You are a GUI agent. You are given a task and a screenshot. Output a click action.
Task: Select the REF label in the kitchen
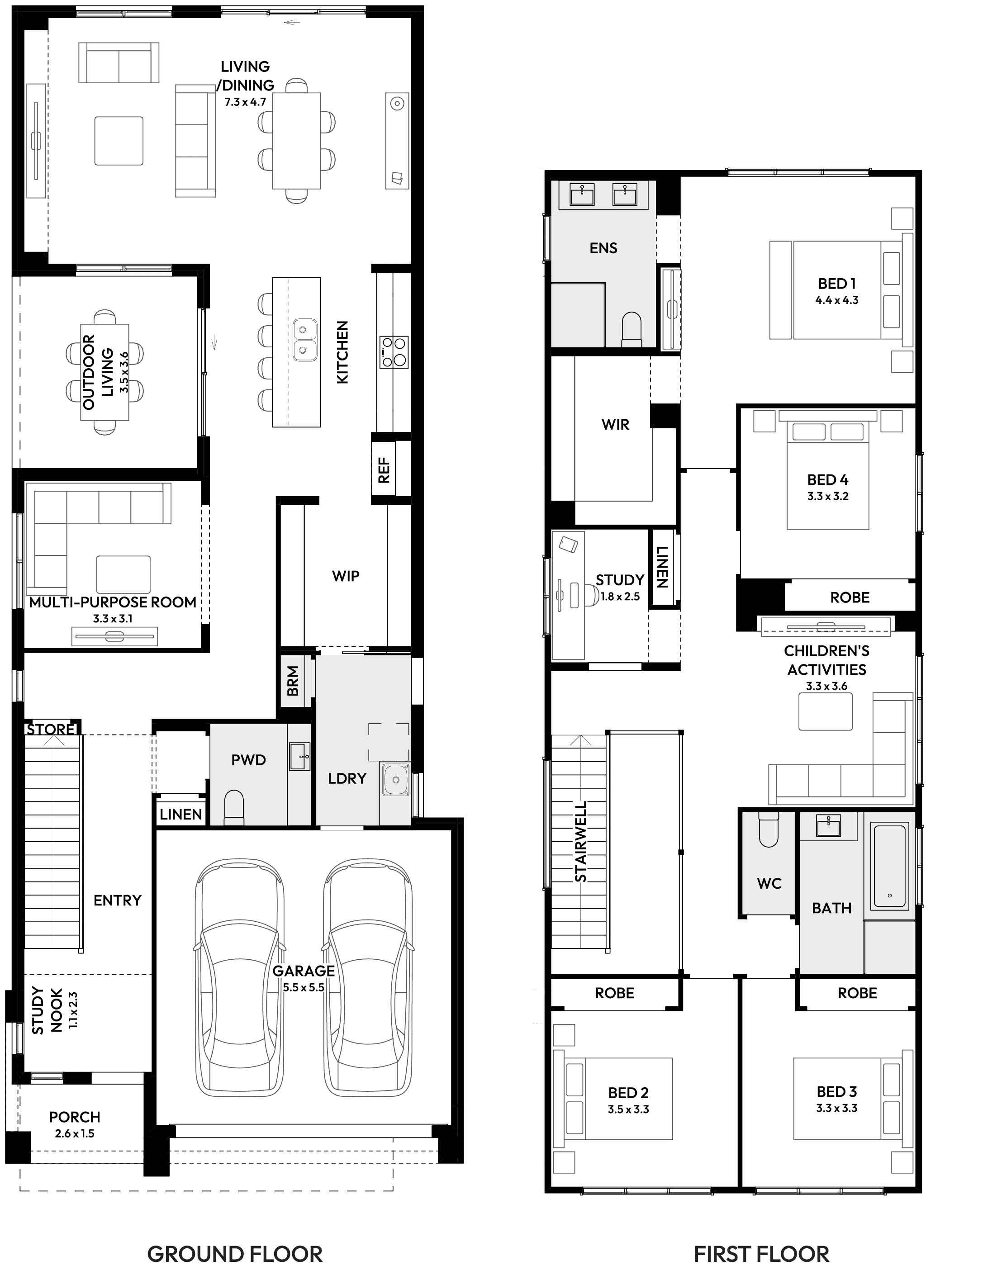click(x=384, y=470)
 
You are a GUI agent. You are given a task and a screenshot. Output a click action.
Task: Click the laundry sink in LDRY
click(x=396, y=780)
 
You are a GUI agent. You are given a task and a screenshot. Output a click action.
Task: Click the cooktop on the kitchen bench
click(x=394, y=352)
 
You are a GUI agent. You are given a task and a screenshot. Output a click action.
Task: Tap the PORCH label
click(x=75, y=1117)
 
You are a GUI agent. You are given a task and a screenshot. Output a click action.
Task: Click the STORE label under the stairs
click(x=51, y=730)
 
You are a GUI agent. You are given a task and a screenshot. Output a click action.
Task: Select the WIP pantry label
click(x=346, y=576)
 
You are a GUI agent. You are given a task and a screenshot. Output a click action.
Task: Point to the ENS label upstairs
click(x=603, y=248)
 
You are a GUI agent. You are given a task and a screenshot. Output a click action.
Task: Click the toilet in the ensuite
click(x=631, y=329)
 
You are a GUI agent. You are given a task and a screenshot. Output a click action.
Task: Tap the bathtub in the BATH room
click(x=889, y=866)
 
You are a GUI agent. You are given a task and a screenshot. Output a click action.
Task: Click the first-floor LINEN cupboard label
click(x=662, y=567)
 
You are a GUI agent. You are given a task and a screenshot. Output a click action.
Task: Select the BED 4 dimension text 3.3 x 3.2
click(x=828, y=497)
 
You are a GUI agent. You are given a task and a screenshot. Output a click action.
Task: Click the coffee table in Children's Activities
click(x=826, y=711)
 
